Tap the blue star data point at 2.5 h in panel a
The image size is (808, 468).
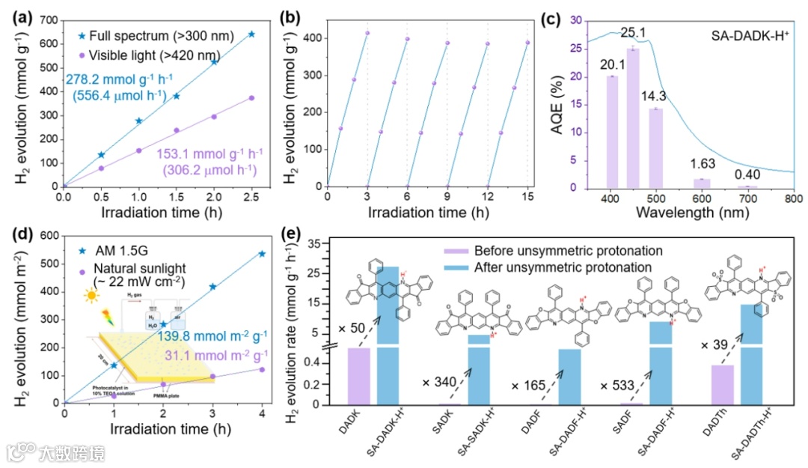pos(251,34)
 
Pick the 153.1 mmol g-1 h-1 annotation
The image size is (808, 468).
pos(209,154)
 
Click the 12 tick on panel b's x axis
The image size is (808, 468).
pos(488,199)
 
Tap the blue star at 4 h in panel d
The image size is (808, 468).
pos(262,254)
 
